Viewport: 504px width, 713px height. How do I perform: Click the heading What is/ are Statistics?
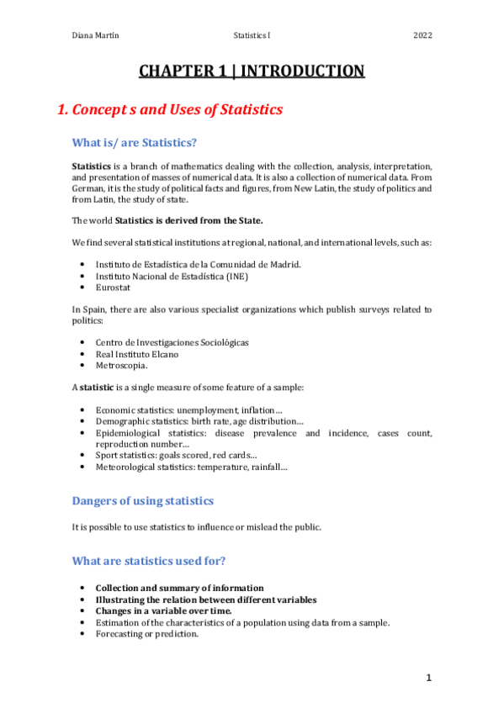point(135,142)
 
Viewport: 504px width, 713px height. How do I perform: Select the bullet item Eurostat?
point(113,287)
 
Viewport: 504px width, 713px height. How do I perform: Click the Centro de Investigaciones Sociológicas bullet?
point(172,342)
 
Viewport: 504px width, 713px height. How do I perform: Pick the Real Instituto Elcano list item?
point(136,354)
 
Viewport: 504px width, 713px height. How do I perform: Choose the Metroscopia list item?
point(121,366)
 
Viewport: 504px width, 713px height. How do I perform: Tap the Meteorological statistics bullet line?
point(191,467)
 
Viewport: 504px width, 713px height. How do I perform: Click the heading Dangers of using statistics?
point(143,501)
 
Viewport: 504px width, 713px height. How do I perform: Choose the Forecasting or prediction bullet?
point(146,634)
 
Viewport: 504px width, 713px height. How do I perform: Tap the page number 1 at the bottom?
point(428,677)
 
